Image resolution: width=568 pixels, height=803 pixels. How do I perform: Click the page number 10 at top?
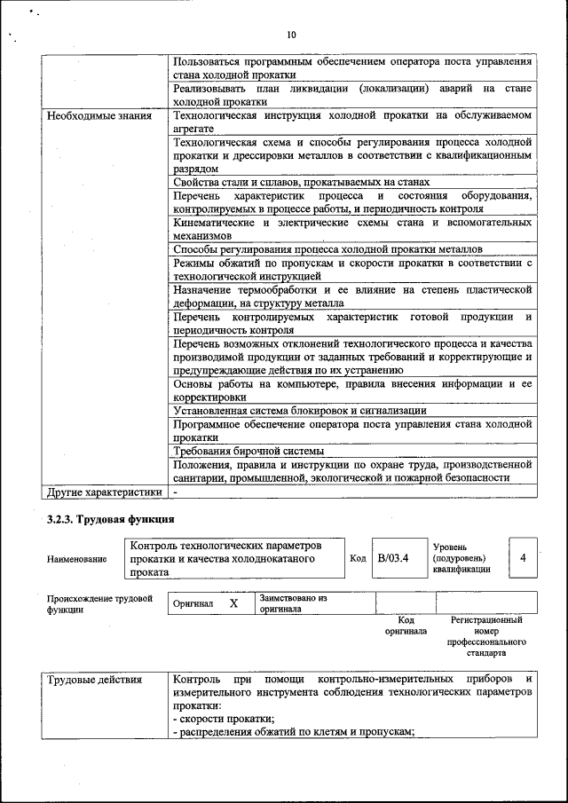pyautogui.click(x=290, y=35)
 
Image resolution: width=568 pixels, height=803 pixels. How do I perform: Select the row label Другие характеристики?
pyautogui.click(x=105, y=491)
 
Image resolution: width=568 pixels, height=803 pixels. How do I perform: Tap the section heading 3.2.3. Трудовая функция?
pyautogui.click(x=109, y=519)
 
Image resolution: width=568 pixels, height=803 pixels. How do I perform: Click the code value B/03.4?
pyautogui.click(x=392, y=558)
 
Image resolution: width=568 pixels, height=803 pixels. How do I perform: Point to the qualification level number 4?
pyautogui.click(x=523, y=557)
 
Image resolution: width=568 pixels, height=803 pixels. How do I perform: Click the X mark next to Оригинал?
pyautogui.click(x=233, y=603)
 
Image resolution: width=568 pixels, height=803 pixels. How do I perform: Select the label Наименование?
pyautogui.click(x=77, y=559)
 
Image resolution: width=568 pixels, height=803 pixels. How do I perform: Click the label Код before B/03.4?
pyautogui.click(x=358, y=558)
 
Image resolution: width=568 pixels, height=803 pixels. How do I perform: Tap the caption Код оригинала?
pyautogui.click(x=406, y=626)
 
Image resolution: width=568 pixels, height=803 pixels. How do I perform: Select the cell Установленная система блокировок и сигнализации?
pyautogui.click(x=300, y=411)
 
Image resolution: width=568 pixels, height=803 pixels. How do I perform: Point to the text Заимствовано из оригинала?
pyautogui.click(x=294, y=603)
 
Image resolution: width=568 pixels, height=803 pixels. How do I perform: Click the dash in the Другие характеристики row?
pyautogui.click(x=176, y=491)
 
